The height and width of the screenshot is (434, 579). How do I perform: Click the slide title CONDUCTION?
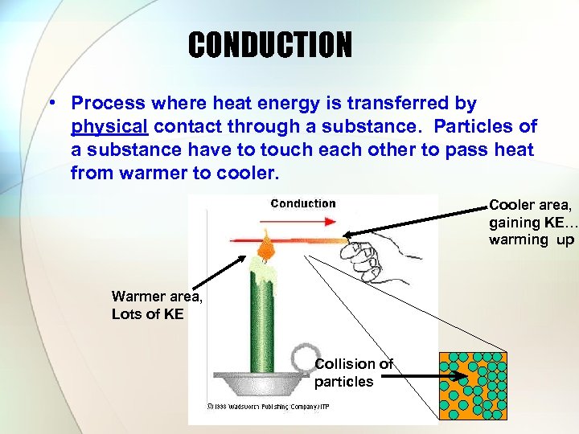[270, 45]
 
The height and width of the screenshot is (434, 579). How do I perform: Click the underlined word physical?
[109, 127]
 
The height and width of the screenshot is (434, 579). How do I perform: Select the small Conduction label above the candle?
[302, 203]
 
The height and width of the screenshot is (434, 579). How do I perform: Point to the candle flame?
[266, 241]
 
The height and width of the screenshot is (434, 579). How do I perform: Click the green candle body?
[262, 321]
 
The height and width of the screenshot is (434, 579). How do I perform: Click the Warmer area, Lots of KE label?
[157, 306]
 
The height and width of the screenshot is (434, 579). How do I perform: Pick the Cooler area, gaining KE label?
[531, 222]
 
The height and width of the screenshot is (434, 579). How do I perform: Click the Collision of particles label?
[353, 373]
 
